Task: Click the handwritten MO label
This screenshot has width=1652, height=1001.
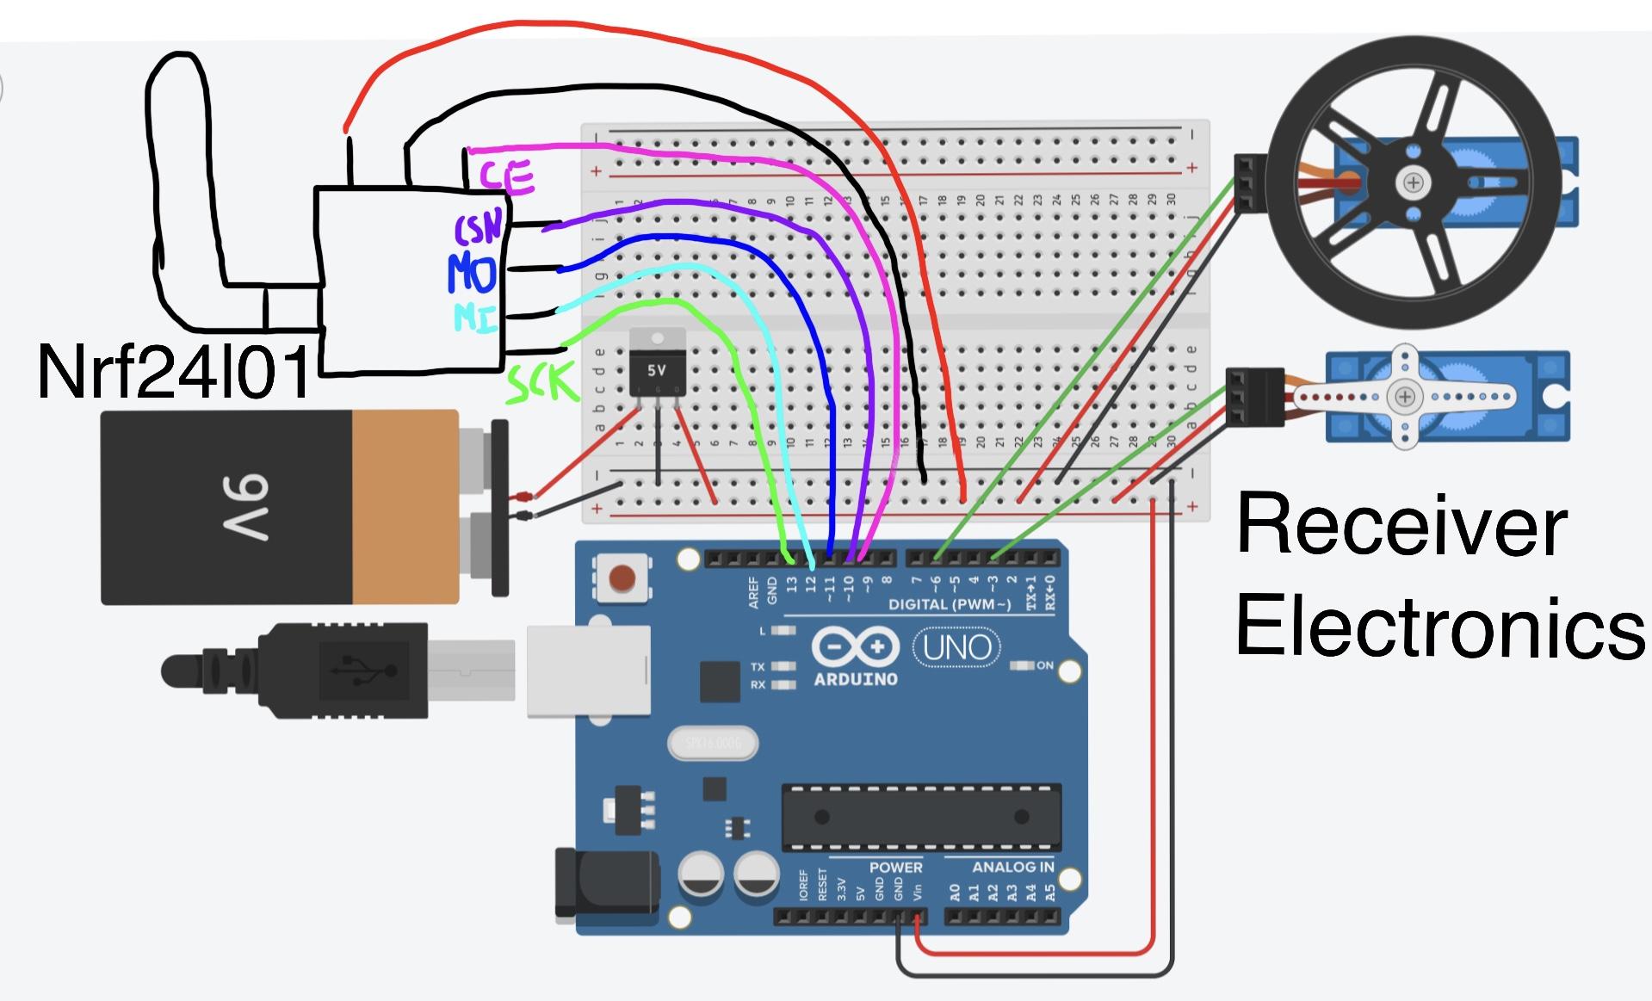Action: click(x=471, y=274)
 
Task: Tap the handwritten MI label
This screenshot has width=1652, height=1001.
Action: click(x=475, y=317)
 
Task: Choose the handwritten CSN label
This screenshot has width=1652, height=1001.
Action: click(x=478, y=229)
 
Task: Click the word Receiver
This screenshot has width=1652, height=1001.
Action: click(x=1401, y=527)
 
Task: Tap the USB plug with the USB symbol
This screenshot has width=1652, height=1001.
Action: click(x=344, y=670)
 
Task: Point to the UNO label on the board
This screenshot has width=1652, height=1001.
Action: click(x=956, y=647)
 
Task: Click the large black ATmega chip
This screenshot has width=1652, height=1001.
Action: click(x=921, y=816)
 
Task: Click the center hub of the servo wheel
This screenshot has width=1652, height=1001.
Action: click(x=1413, y=182)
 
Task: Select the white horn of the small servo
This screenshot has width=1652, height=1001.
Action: click(x=1404, y=397)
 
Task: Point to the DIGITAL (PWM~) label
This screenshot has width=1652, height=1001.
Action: click(x=950, y=604)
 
